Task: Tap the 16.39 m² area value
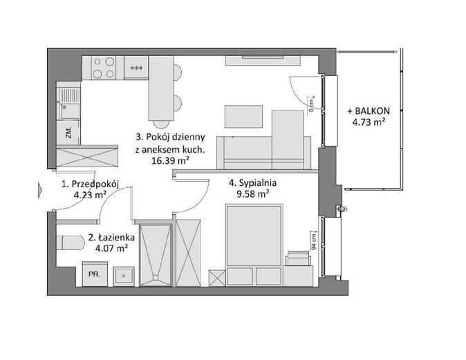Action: click(171, 161)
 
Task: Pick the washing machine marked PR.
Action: click(95, 274)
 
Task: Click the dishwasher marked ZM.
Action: click(68, 133)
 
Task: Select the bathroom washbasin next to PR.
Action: click(124, 276)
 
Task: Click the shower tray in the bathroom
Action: click(156, 255)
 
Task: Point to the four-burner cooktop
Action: click(103, 68)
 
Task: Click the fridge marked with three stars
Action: click(136, 68)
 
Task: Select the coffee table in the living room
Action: click(243, 117)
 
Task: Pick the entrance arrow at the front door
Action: click(39, 190)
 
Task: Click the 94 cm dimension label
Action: click(313, 241)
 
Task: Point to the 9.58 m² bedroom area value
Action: click(252, 194)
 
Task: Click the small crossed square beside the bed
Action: click(217, 278)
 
